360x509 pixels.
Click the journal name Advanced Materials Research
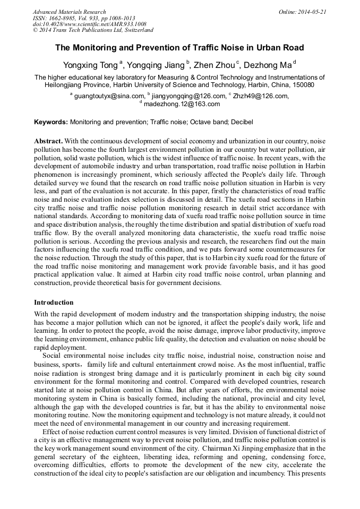point(69,12)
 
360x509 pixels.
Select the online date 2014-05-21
point(314,12)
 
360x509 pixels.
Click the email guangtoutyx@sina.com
point(109,96)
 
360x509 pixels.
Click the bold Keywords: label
point(51,122)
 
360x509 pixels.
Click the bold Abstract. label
point(48,141)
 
